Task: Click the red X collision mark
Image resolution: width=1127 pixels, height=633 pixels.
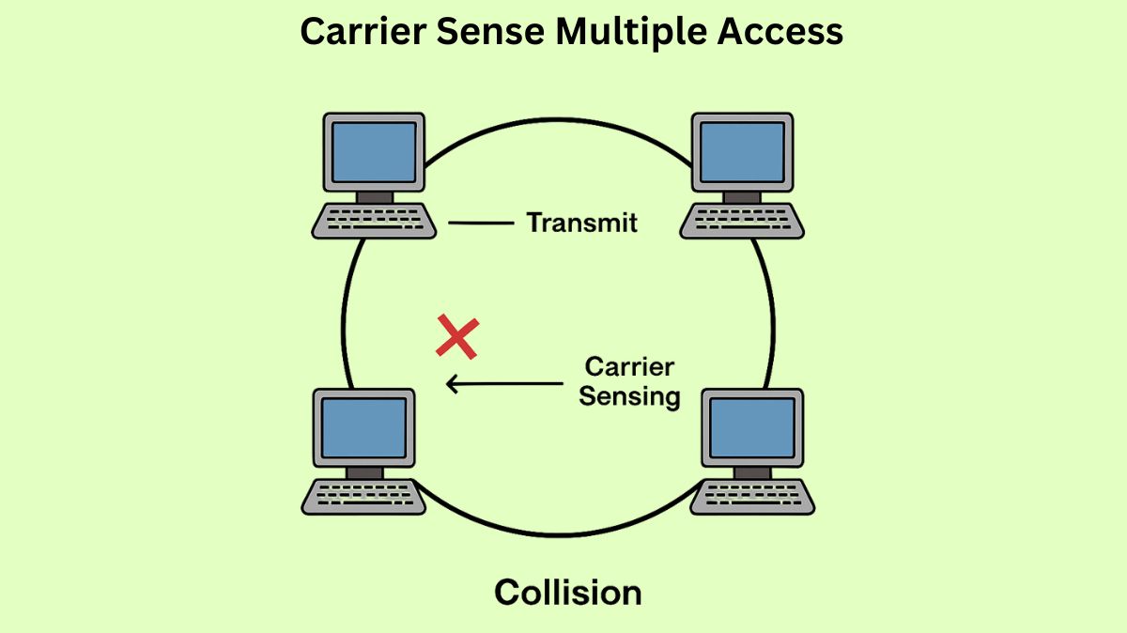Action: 457,338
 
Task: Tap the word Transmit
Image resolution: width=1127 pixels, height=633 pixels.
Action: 581,223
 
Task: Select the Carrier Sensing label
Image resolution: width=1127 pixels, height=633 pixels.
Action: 629,381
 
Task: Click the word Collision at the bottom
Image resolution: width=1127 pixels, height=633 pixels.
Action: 567,593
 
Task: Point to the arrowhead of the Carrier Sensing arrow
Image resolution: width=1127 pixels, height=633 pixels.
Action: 451,383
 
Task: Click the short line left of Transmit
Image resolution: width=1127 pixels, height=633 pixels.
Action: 479,223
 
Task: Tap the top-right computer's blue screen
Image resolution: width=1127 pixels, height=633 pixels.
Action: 743,152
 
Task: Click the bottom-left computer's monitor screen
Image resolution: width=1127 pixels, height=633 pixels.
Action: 363,428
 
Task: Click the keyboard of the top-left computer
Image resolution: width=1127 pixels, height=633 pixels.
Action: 374,220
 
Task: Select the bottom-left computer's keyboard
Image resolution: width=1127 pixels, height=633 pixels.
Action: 363,495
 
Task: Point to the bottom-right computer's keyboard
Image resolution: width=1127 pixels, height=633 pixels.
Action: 752,495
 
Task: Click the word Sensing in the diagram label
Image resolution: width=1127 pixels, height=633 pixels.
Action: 629,396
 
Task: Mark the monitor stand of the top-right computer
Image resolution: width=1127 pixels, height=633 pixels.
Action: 743,196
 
